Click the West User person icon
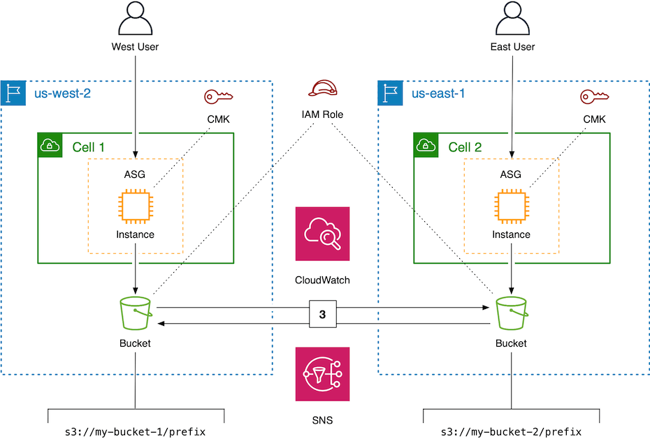pos(135,19)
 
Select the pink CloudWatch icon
pos(322,233)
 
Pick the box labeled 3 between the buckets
pos(322,315)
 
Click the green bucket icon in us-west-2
pos(135,314)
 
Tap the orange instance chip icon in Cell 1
pos(135,207)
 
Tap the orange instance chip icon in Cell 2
pos(512,207)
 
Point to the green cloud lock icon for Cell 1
pos(50,146)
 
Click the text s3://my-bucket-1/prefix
pos(135,432)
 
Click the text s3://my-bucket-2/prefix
pos(511,432)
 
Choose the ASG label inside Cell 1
pos(135,174)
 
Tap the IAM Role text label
pos(322,114)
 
